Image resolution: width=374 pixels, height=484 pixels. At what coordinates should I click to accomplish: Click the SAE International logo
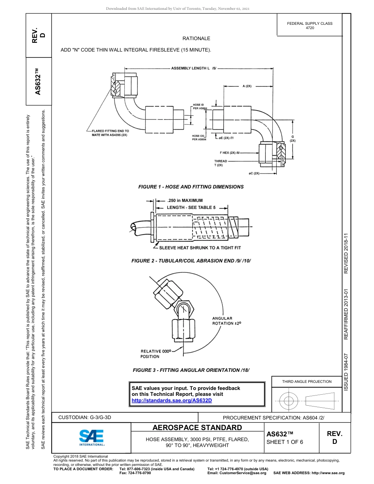point(92,437)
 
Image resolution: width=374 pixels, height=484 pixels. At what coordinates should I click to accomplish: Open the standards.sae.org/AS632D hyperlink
point(171,400)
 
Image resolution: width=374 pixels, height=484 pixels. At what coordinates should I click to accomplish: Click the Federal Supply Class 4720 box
point(309,26)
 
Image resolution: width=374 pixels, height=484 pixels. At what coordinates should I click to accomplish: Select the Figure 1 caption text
point(191,187)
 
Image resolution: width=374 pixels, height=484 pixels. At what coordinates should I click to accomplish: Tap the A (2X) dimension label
point(247,86)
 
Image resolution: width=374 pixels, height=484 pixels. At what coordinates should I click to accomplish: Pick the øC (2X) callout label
point(254,173)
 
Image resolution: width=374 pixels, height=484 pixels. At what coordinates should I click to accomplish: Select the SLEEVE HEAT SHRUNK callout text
point(200,248)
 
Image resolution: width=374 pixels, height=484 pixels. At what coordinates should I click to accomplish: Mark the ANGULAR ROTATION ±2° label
point(226,321)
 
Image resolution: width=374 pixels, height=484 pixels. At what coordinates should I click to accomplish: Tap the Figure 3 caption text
point(191,370)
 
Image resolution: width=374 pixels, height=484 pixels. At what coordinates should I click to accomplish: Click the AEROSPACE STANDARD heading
point(197,428)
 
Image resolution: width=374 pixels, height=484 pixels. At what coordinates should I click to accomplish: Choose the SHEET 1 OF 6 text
point(285,442)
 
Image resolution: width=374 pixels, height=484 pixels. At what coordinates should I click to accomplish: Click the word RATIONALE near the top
point(196,39)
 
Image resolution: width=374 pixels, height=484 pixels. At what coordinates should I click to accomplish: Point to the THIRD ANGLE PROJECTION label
point(307,381)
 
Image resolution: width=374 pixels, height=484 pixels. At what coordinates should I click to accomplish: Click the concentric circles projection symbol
point(289,401)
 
